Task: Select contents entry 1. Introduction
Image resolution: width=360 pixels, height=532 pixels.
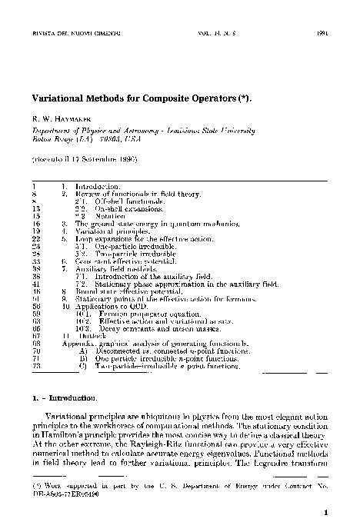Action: (96, 187)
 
